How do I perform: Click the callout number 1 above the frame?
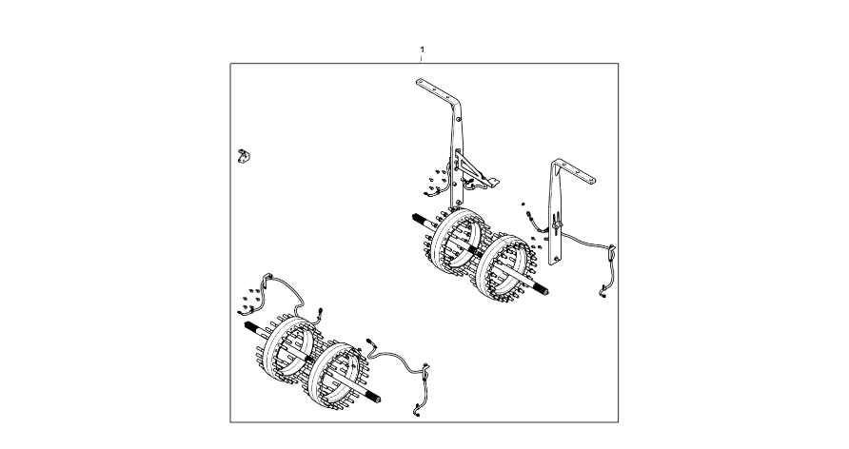click(423, 49)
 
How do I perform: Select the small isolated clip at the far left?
click(244, 157)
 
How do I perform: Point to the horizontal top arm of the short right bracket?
click(575, 171)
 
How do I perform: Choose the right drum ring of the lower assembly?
click(336, 375)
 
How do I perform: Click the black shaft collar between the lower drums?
click(308, 358)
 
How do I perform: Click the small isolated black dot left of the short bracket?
click(523, 204)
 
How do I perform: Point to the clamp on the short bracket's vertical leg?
click(556, 223)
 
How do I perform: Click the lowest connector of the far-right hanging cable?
click(602, 294)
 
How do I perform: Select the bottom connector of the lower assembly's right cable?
click(417, 413)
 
